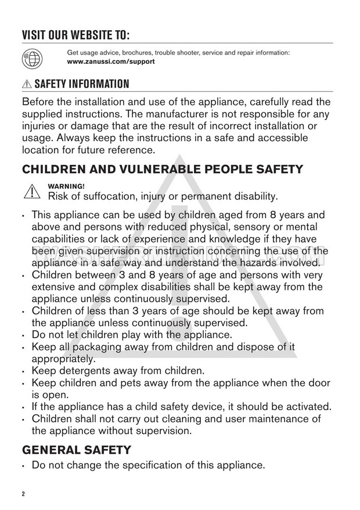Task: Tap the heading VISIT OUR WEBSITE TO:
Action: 75,34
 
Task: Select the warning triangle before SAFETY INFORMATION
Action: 27,84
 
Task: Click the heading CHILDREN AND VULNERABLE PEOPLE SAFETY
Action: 162,169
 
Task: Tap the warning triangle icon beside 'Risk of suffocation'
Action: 30,191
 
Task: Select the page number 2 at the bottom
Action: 24,494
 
